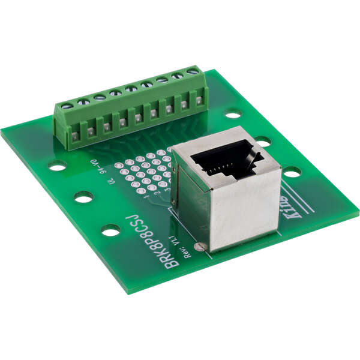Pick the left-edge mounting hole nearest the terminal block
58,165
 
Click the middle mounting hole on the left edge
83,196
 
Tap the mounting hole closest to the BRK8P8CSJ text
110,229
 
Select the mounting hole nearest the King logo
292,172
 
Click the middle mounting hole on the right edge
262,142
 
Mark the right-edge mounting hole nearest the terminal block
233,113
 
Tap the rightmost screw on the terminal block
192,72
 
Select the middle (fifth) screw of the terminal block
131,89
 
